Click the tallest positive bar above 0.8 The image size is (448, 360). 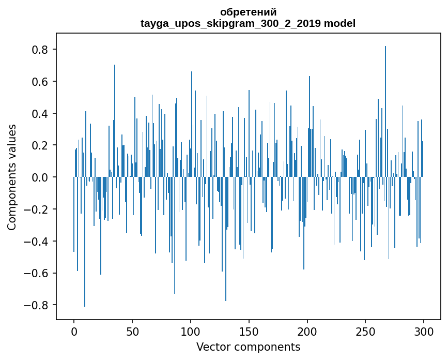point(385,112)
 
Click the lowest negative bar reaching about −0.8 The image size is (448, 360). point(85,242)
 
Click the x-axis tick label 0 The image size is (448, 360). point(74,332)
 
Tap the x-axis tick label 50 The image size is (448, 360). point(132,332)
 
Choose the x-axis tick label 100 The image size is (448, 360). point(191,332)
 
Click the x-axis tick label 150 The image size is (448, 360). point(249,332)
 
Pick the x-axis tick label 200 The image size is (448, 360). point(307,332)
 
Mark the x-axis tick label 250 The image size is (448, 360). point(365,332)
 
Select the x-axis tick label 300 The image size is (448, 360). point(424,332)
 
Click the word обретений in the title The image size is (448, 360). point(248,12)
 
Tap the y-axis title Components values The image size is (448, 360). point(12,177)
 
